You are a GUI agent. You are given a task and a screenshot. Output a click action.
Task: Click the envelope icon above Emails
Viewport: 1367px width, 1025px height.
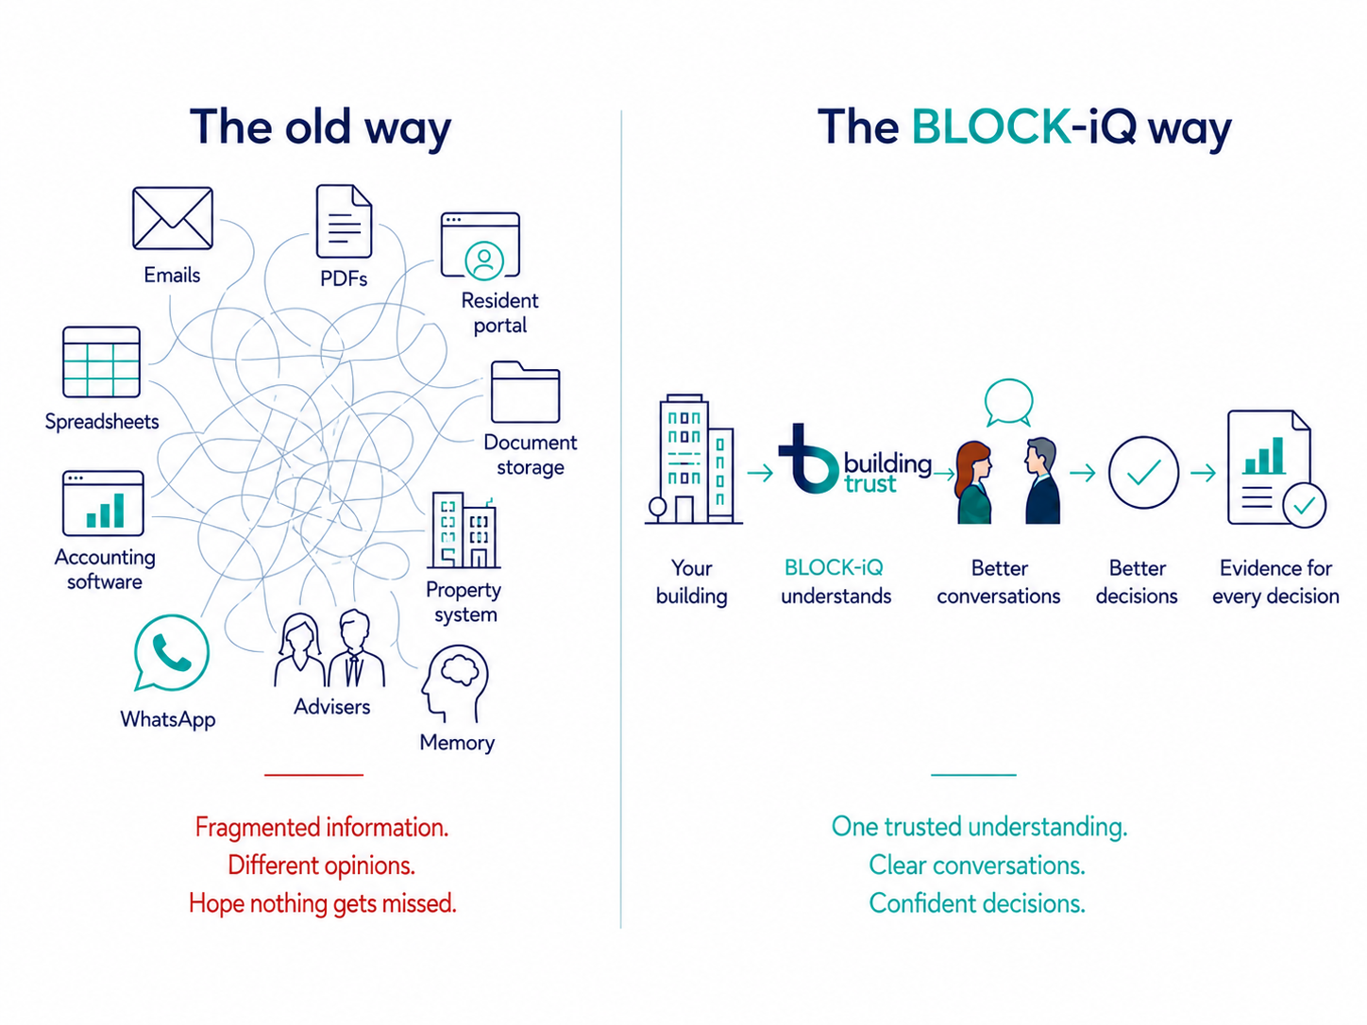point(173,218)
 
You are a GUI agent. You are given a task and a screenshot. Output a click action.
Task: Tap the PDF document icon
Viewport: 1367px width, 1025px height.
point(344,221)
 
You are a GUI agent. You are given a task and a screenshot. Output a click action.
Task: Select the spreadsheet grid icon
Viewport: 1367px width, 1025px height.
point(102,361)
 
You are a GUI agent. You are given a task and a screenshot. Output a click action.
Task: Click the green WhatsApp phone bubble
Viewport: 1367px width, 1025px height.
point(171,653)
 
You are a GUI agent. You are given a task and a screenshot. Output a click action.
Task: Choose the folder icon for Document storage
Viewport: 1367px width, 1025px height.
point(526,392)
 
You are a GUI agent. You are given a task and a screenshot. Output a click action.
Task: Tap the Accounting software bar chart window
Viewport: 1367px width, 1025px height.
point(104,503)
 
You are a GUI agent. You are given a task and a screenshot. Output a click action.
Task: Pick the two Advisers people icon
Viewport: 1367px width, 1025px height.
point(329,648)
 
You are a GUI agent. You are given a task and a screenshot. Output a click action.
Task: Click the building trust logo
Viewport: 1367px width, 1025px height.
point(854,461)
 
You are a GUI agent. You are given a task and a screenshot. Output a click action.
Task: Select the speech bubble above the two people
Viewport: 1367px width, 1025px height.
point(1009,402)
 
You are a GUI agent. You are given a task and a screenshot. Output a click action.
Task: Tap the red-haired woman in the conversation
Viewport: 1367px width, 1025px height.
point(974,482)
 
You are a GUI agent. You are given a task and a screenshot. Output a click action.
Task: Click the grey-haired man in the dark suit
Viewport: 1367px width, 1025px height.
point(1042,480)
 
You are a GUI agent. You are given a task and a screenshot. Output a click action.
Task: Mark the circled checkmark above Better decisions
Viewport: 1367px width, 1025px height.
point(1143,472)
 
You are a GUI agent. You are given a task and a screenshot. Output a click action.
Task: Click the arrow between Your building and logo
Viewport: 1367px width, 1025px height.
point(760,474)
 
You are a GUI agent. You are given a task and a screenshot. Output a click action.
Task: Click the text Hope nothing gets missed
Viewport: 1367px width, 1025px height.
point(323,903)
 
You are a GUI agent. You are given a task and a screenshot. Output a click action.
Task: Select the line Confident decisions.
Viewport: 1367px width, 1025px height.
point(977,903)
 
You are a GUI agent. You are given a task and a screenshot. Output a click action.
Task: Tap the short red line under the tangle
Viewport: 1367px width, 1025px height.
point(313,775)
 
